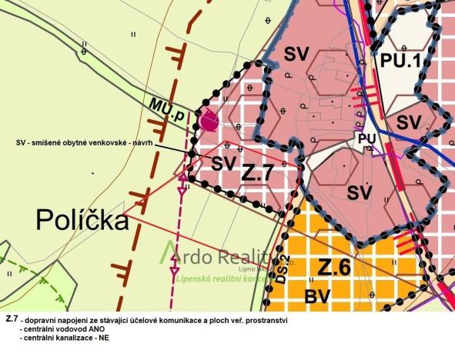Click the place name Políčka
[82, 222]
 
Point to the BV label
[320, 296]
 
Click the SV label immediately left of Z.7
[222, 163]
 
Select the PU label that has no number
[366, 137]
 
